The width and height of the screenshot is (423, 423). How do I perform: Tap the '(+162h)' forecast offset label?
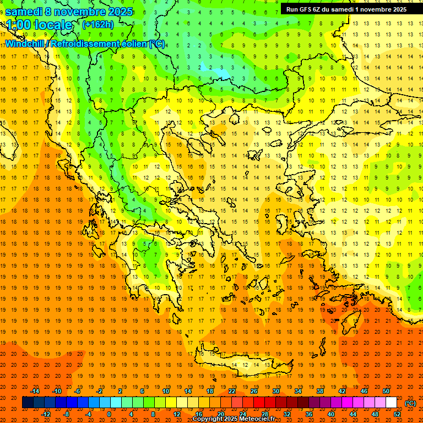tap(97, 24)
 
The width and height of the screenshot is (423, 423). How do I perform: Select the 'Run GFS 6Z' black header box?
tap(346, 9)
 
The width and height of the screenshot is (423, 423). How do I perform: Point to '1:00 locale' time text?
tap(39, 25)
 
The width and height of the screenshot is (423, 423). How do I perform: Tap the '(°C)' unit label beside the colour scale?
tap(410, 403)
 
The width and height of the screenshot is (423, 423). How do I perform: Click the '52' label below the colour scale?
tap(397, 414)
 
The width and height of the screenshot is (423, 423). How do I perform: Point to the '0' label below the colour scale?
tap(109, 414)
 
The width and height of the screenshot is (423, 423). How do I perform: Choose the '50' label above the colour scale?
tap(386, 391)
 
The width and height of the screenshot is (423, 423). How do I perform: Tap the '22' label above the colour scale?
tap(232, 391)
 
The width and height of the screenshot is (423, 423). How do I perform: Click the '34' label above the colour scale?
tap(297, 391)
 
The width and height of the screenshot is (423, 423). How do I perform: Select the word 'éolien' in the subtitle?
tap(131, 44)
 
